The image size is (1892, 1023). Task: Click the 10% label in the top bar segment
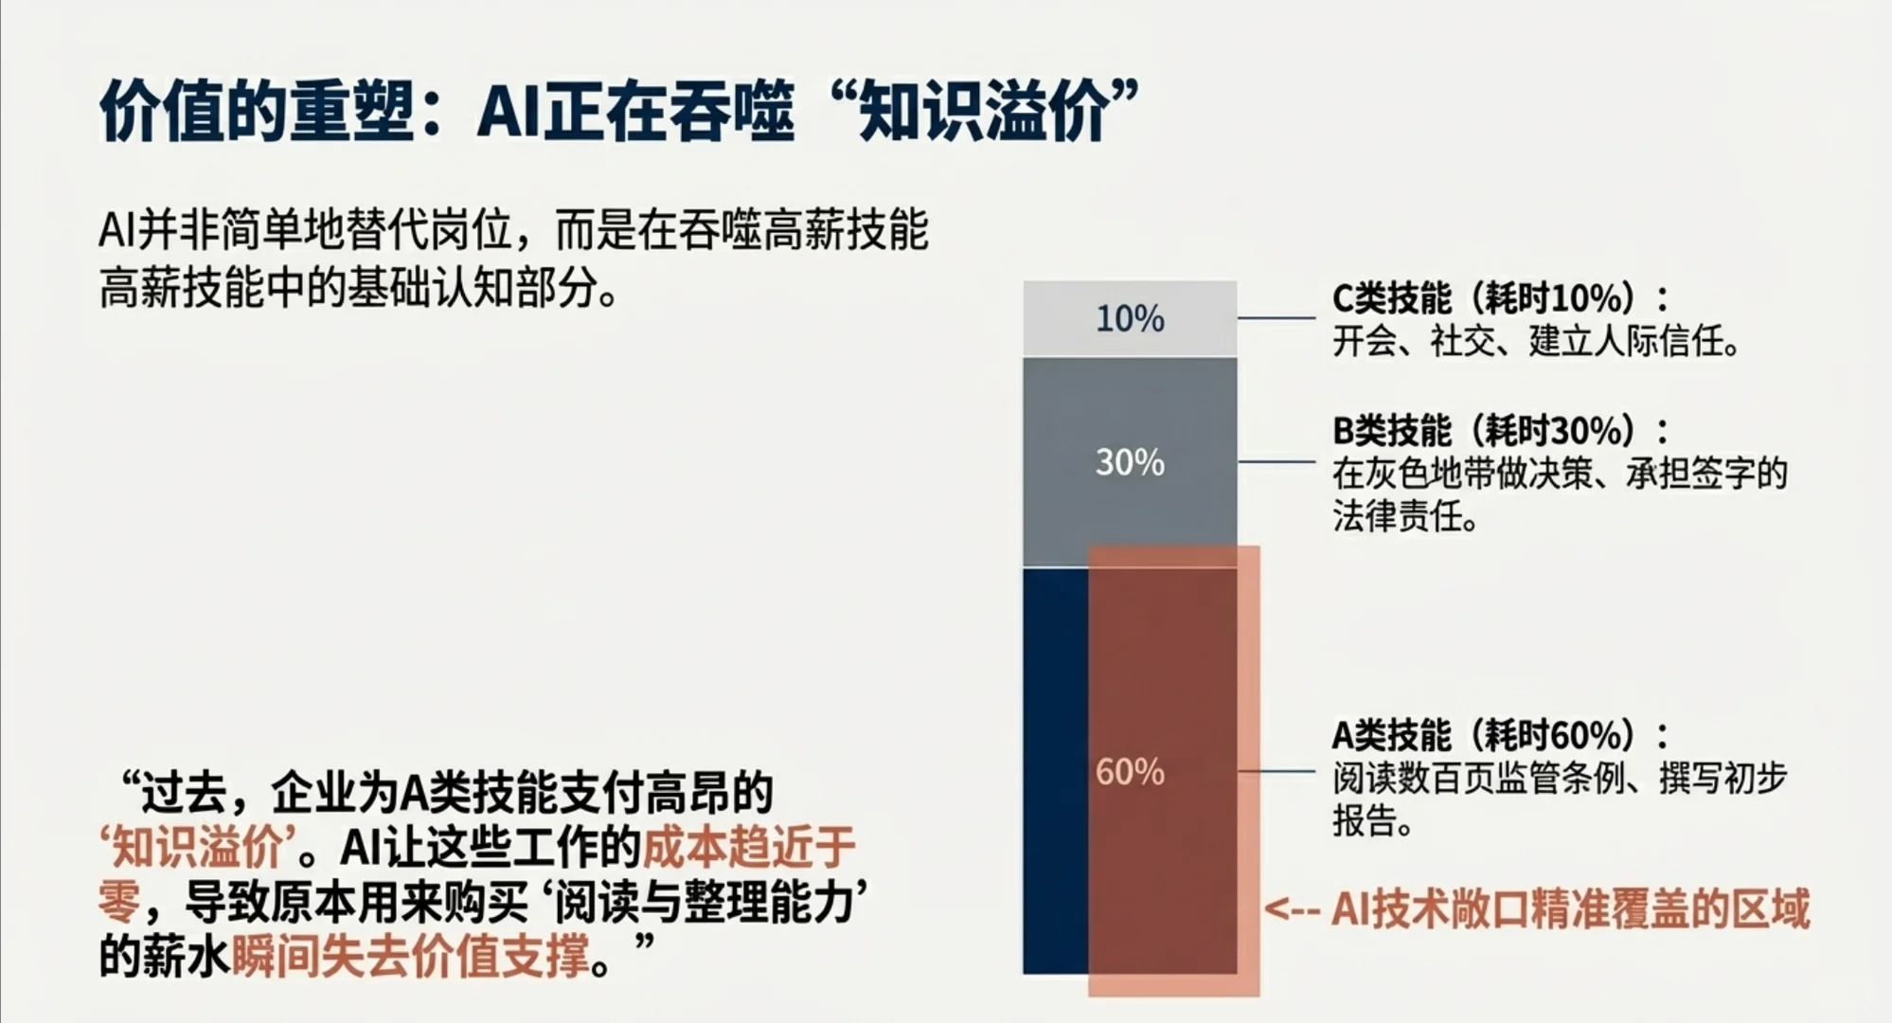click(1130, 318)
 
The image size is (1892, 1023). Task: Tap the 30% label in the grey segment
click(1130, 462)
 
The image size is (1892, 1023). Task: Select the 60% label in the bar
click(1130, 772)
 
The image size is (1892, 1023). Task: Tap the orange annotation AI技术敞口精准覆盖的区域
click(1570, 908)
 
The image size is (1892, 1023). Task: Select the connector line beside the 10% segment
click(1275, 318)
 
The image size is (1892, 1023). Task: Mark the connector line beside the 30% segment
click(1275, 462)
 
